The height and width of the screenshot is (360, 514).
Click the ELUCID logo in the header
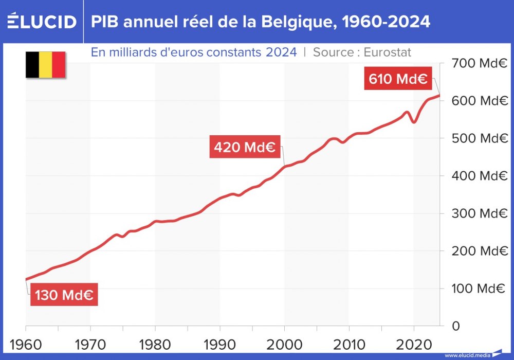point(42,22)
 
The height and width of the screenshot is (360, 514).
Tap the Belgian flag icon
point(45,65)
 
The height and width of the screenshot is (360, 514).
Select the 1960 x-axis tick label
point(26,343)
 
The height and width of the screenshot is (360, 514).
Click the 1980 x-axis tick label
point(155,343)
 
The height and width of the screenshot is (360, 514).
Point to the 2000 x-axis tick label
point(284,343)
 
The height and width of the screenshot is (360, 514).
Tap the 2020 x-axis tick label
point(414,343)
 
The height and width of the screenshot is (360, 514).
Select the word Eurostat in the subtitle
point(387,52)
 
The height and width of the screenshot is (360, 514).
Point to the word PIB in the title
point(105,22)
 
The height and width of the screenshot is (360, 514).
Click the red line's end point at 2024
point(439,95)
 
